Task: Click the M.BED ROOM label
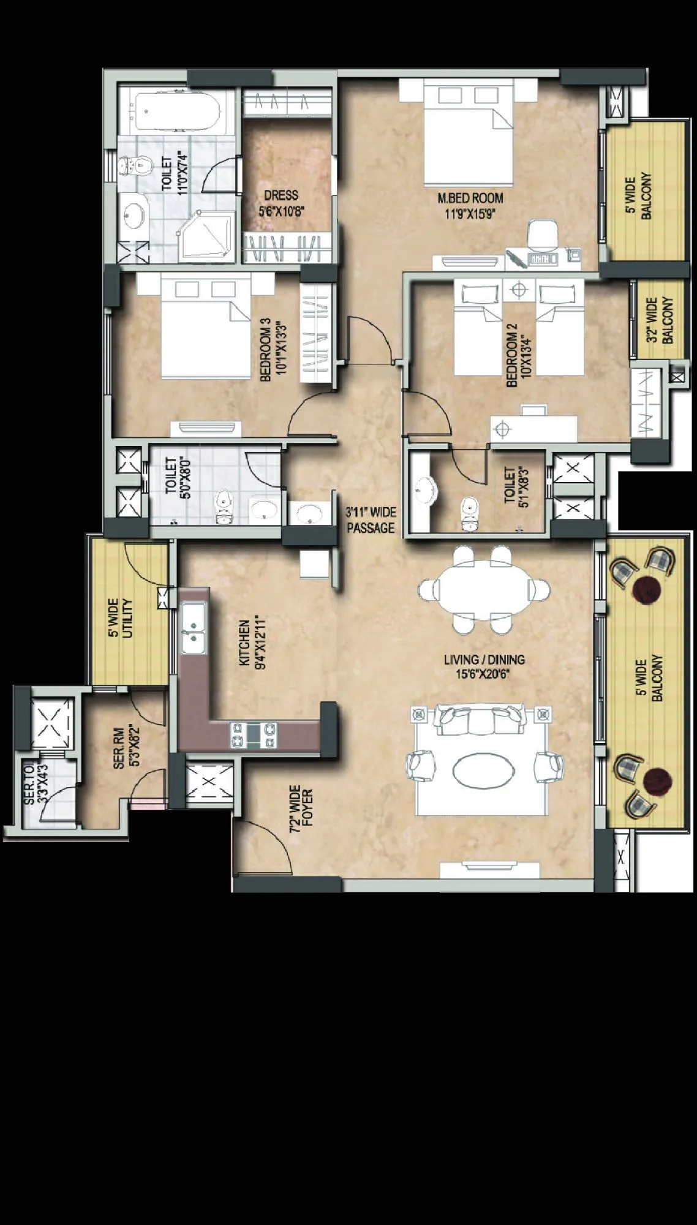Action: coord(470,198)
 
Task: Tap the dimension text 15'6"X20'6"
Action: coord(484,673)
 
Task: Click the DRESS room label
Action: coord(281,195)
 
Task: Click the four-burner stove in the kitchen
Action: coord(253,734)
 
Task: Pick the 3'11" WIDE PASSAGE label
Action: coord(371,520)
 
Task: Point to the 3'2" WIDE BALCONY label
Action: coord(660,320)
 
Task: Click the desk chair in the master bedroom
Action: coord(542,236)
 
